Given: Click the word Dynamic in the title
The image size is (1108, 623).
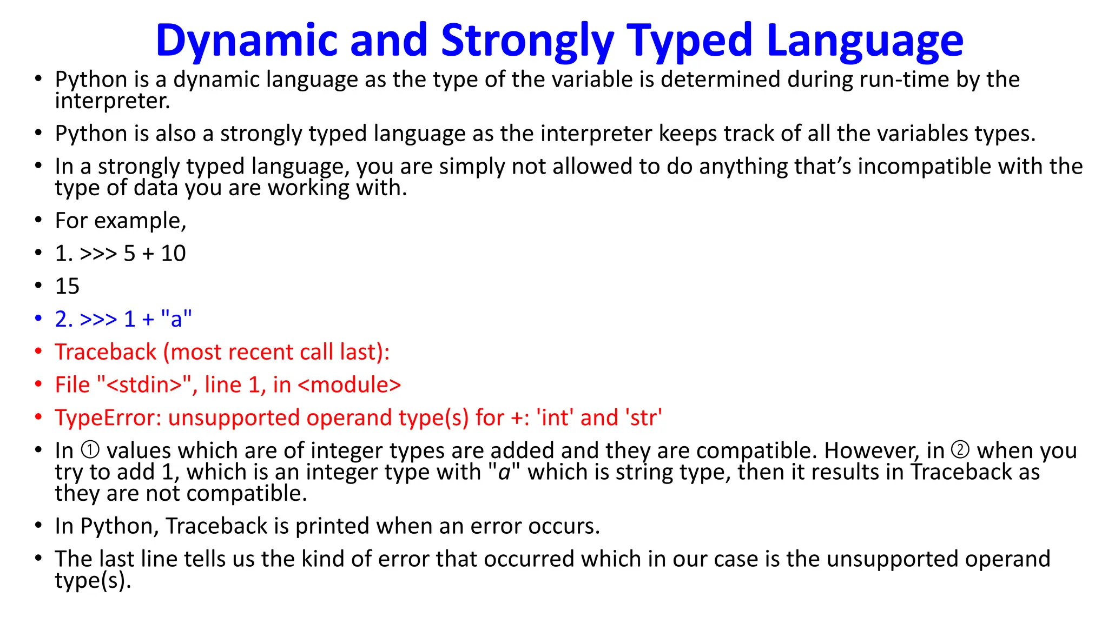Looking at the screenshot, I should [246, 41].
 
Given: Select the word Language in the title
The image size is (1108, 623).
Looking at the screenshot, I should [865, 41].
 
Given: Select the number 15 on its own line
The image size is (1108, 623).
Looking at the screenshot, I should [67, 286].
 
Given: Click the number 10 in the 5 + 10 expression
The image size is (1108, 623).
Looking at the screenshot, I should [173, 253].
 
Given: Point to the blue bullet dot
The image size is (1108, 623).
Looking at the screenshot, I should [38, 318].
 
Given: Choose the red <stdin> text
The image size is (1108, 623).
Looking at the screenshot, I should [145, 385].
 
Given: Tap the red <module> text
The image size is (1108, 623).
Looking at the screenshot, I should [349, 385].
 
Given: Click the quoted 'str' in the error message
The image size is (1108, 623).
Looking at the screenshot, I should [643, 418].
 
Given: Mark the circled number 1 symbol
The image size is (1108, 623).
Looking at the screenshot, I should [90, 450].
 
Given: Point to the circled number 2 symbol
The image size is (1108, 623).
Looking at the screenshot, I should [960, 450].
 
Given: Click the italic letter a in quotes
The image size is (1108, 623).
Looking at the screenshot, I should [504, 472].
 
